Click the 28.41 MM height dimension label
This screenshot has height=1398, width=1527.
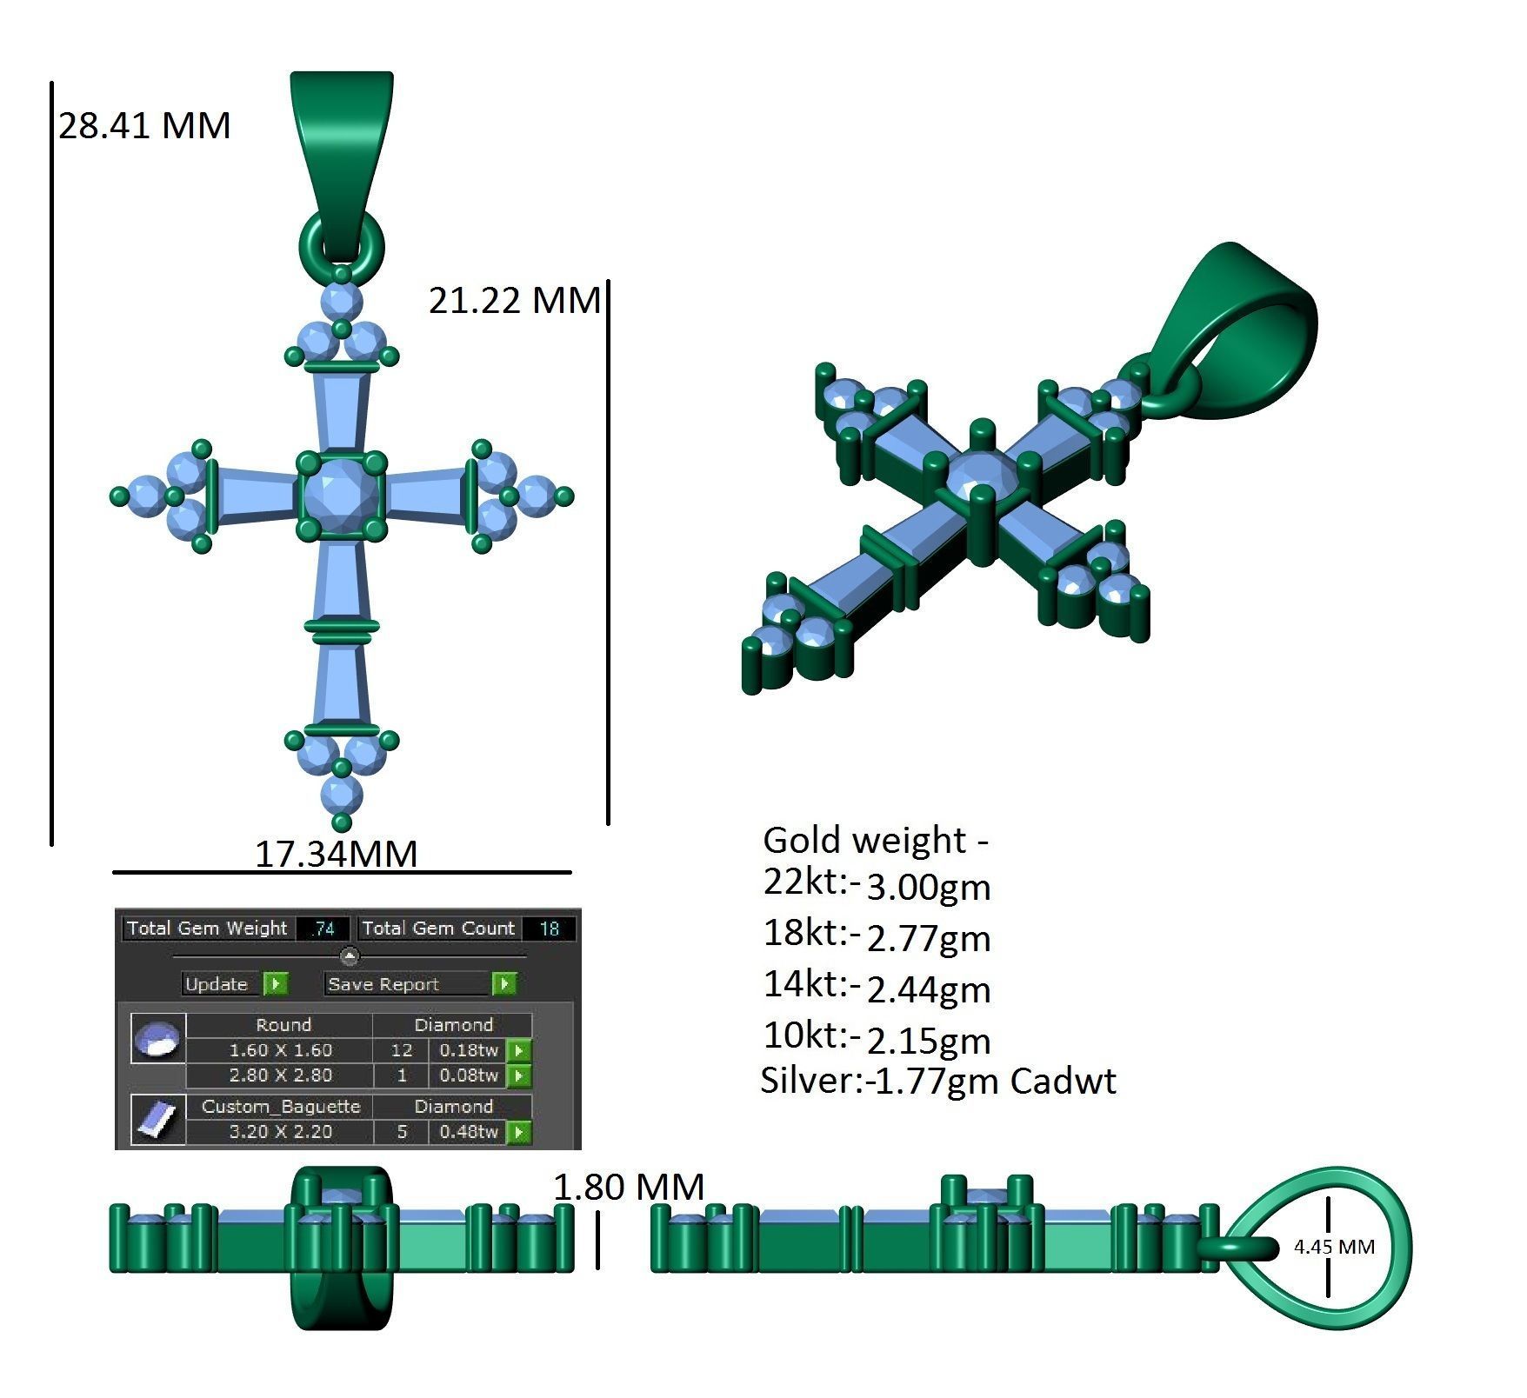coord(144,126)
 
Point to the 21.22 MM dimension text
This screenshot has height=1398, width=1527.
coord(514,301)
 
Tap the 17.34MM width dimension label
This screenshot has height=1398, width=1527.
coord(336,854)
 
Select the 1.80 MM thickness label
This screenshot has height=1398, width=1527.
coord(628,1188)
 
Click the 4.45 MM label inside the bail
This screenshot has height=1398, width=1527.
coord(1334,1247)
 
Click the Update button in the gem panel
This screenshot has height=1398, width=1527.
coord(217,984)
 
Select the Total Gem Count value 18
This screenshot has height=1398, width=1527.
coord(550,929)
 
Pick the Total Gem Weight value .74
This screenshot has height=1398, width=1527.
coord(323,929)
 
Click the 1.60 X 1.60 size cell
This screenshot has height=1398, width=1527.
coord(280,1050)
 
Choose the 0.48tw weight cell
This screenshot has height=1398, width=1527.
coord(469,1132)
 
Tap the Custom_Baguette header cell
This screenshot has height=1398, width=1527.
coord(280,1107)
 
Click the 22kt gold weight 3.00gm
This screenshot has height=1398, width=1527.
coord(929,888)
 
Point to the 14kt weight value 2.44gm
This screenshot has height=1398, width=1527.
coord(929,989)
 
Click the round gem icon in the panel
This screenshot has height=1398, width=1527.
coord(158,1039)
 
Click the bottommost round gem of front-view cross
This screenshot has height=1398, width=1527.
coord(342,795)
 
